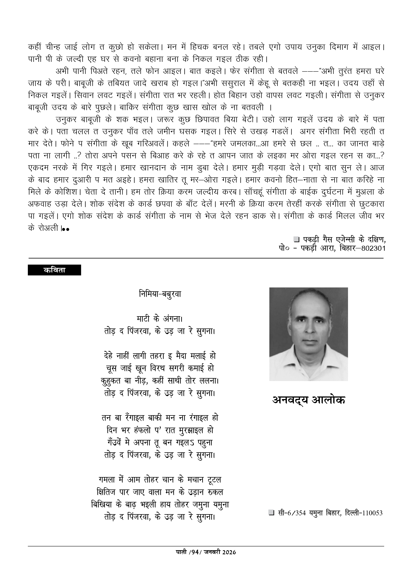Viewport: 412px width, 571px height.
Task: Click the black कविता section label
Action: point(54,270)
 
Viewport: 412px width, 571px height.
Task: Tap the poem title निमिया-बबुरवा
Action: point(160,294)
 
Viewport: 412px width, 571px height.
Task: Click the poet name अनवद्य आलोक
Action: point(309,400)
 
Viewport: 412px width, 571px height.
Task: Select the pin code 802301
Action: point(373,248)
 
